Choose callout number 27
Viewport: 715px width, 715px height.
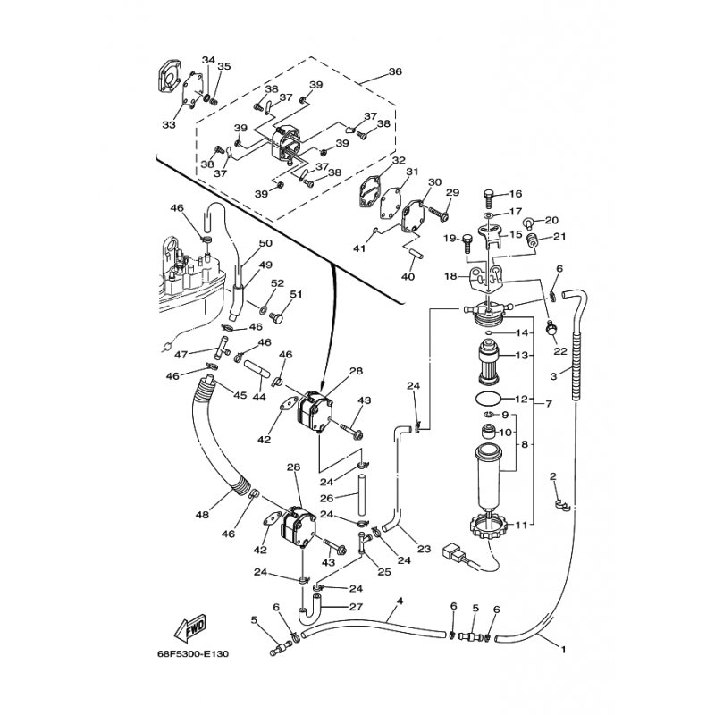coord(356,607)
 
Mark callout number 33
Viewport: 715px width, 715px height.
coord(168,125)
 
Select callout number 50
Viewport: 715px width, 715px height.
coord(265,243)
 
